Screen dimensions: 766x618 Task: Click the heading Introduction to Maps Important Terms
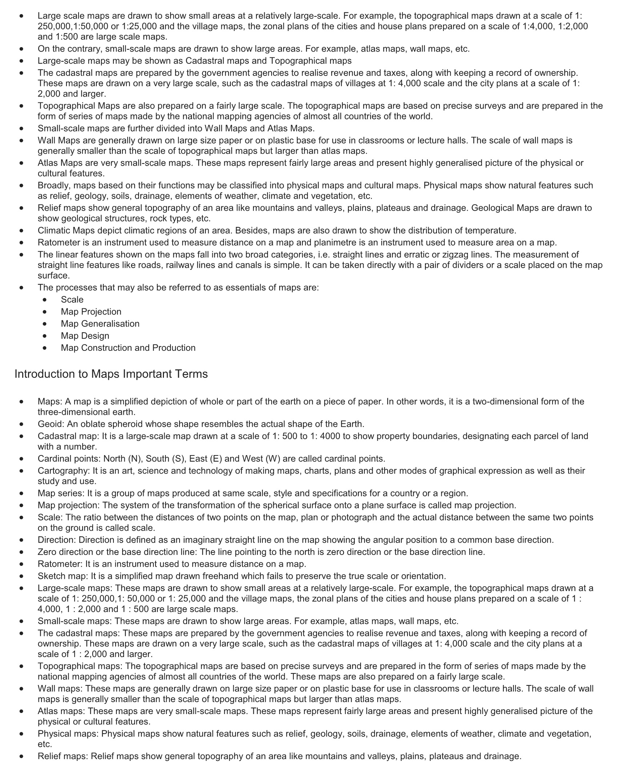tap(111, 374)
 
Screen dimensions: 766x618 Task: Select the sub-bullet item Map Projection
tap(91, 312)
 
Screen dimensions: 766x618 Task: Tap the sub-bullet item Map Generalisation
tap(100, 324)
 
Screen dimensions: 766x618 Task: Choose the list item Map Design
tap(85, 336)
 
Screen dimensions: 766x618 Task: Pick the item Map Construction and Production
tap(128, 348)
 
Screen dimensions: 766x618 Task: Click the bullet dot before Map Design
tap(45, 336)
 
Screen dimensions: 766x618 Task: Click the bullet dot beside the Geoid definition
tap(22, 424)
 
